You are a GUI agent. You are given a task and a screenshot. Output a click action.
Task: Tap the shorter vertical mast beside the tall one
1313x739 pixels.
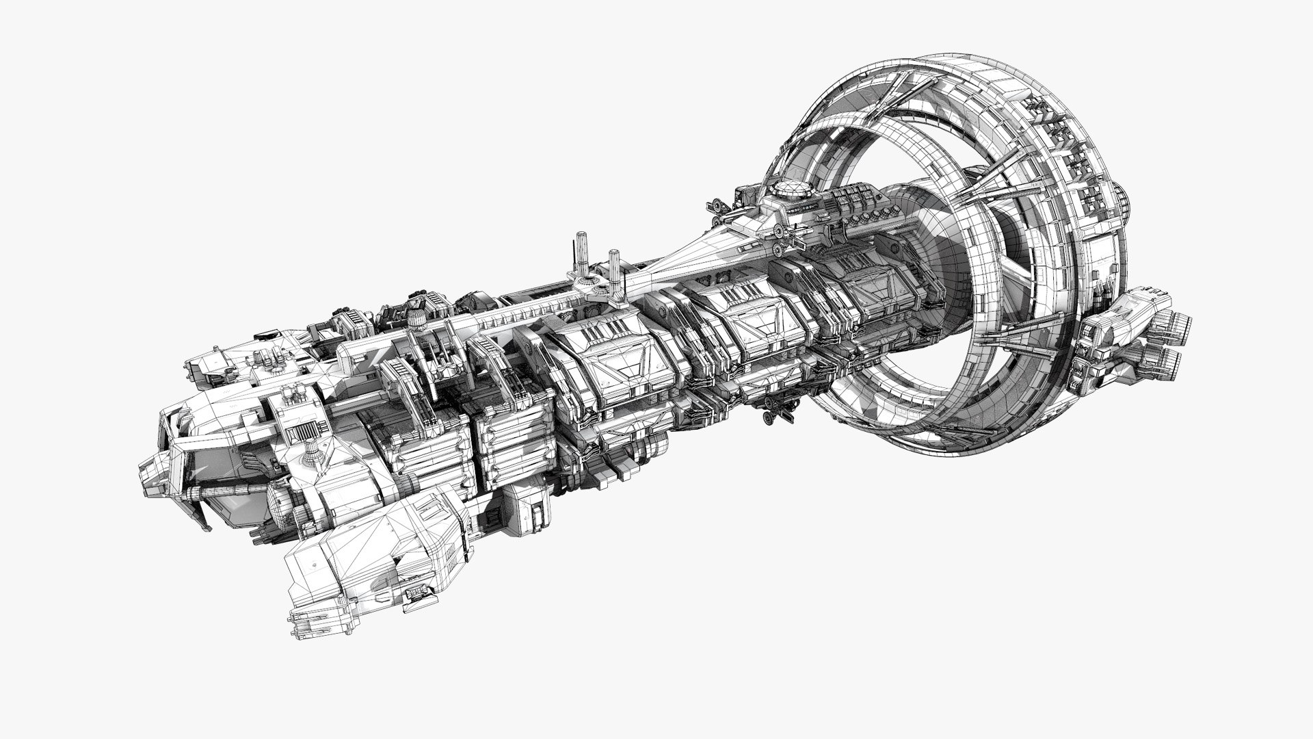point(613,266)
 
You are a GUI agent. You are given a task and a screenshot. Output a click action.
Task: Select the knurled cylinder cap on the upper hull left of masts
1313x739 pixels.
point(415,321)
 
